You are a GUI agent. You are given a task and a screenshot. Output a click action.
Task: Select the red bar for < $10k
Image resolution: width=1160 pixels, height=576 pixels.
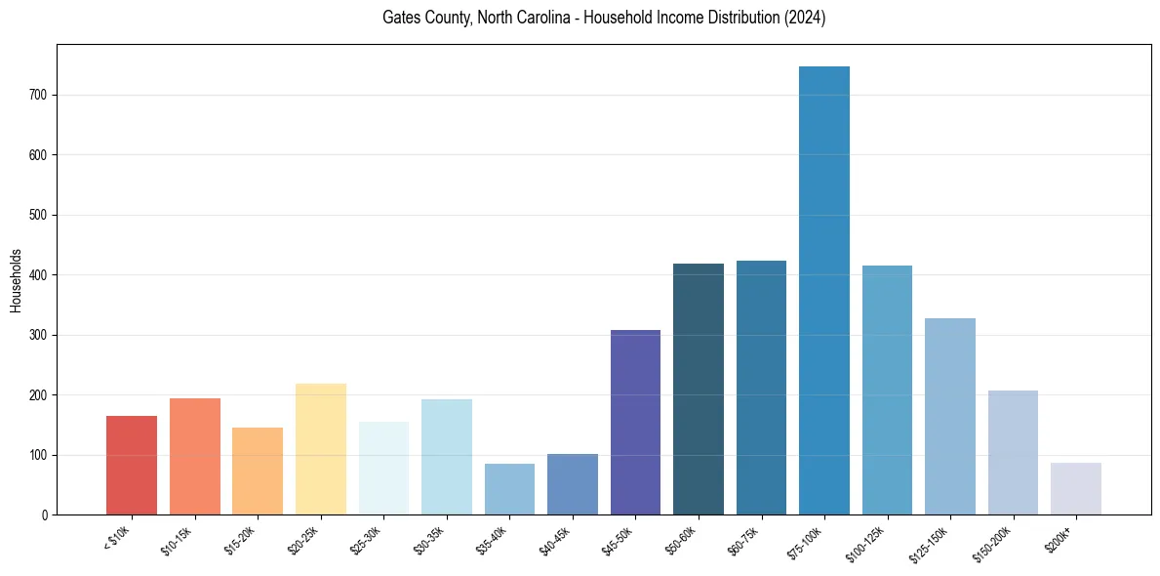tap(132, 466)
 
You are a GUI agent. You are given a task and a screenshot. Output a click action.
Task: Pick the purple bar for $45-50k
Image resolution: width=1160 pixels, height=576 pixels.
tap(635, 423)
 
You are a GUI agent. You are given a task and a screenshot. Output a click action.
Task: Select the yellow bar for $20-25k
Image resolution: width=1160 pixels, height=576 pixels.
tap(321, 449)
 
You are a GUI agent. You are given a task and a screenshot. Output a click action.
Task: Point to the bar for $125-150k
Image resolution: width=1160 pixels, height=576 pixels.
tap(950, 417)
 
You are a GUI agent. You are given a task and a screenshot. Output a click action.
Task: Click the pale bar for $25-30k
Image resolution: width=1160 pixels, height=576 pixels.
tap(383, 469)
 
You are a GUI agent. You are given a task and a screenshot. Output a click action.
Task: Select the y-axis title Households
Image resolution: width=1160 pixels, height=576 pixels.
tap(16, 280)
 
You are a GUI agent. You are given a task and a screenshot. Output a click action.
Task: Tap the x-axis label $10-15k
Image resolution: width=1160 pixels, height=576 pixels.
tap(177, 538)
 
